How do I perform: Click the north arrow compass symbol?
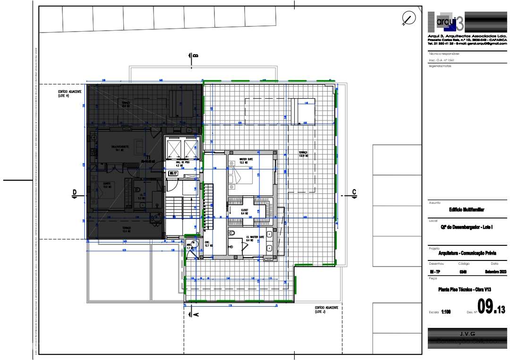(x=408, y=18)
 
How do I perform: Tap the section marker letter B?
(x=195, y=56)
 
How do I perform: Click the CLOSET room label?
(x=245, y=211)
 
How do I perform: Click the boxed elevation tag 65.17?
(x=173, y=174)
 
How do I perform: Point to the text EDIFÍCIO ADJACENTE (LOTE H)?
(x=70, y=93)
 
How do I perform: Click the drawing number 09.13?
(x=490, y=308)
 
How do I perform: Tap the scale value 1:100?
(x=446, y=311)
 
